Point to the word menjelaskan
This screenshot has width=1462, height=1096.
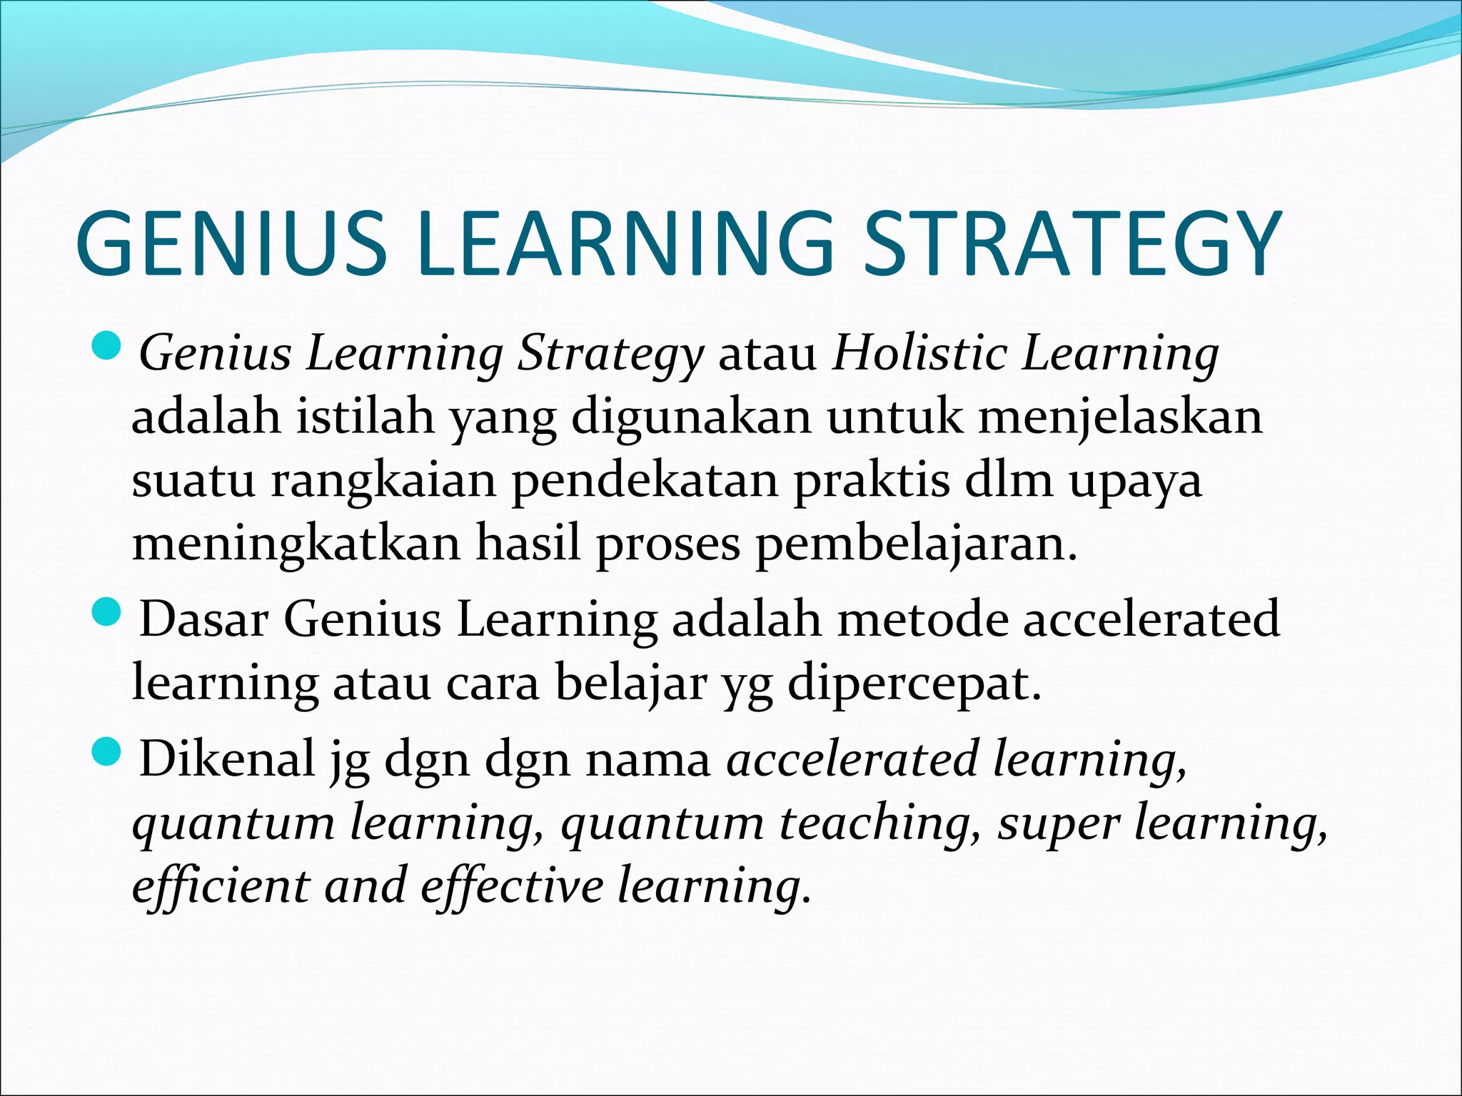1120,417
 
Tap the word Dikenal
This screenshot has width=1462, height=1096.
227,758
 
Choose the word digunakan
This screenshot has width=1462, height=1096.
691,419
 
